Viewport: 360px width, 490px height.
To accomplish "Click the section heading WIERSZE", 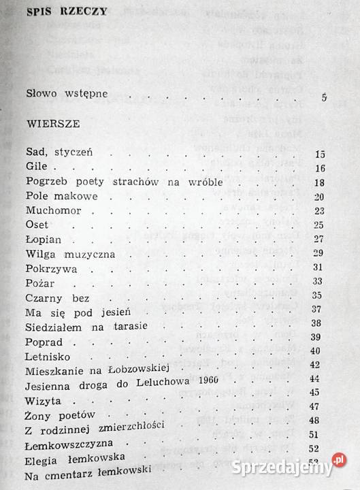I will [52, 125].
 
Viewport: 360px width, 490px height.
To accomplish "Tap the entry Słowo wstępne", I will [65, 94].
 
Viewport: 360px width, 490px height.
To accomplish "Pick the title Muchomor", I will [52, 210].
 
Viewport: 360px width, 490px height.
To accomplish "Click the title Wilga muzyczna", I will [69, 254].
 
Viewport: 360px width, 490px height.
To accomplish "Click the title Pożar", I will [39, 282].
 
